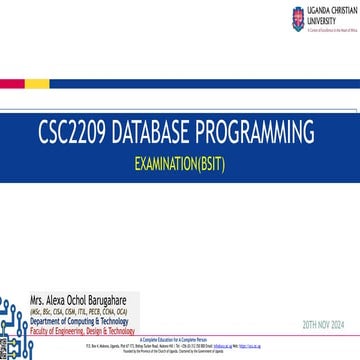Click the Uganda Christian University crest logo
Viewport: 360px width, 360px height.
point(297,18)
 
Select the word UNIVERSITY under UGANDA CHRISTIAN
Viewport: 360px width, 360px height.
point(319,18)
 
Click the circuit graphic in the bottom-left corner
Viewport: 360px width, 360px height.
point(14,320)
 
